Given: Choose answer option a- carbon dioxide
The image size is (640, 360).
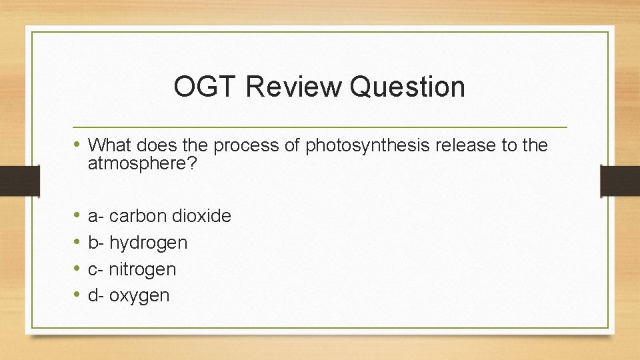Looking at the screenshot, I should click(159, 216).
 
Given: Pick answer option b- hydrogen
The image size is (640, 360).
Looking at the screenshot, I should click(137, 243).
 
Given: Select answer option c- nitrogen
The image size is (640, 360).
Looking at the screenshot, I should click(132, 269).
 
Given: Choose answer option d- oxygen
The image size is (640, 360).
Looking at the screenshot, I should click(129, 295).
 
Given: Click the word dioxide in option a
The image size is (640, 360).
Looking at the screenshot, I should click(201, 216).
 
